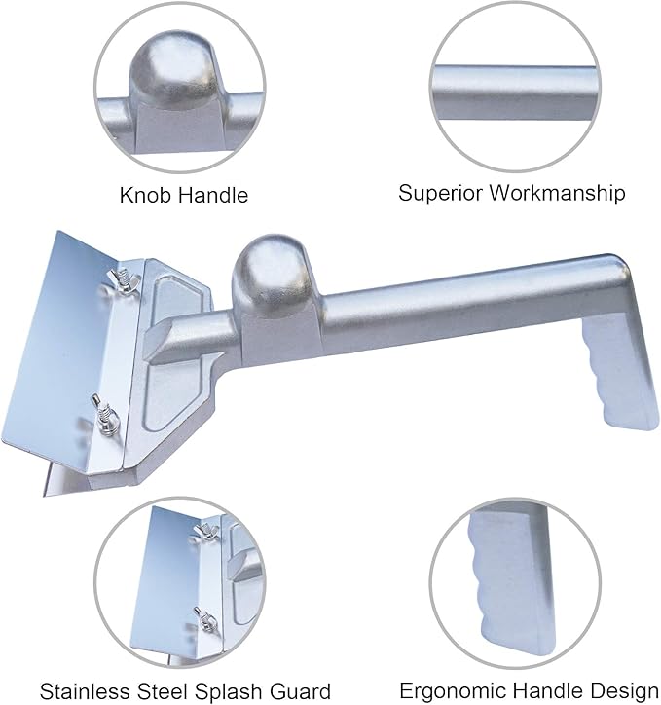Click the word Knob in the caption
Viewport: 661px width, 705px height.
tap(145, 195)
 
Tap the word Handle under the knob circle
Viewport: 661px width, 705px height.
tap(213, 195)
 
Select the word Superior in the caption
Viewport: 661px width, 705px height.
tap(440, 194)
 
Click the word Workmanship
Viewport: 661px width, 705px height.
tap(557, 194)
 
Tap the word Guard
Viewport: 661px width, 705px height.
tap(301, 690)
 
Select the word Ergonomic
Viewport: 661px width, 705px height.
tap(454, 690)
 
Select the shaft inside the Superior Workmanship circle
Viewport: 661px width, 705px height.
tap(515, 93)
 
